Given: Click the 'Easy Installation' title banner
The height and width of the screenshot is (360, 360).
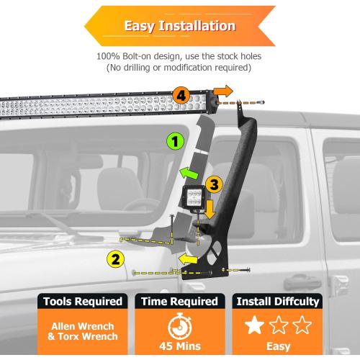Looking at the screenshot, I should (179, 26).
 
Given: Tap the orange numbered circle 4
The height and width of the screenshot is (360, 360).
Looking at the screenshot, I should (181, 94).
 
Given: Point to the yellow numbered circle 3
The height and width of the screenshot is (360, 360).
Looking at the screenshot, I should (213, 184).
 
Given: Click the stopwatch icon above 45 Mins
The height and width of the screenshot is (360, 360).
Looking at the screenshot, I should (180, 324).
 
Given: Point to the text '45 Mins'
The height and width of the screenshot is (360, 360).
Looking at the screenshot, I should (180, 346).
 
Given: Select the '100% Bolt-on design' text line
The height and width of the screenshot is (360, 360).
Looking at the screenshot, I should (179, 56).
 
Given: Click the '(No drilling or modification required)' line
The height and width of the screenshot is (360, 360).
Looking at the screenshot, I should (179, 68).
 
